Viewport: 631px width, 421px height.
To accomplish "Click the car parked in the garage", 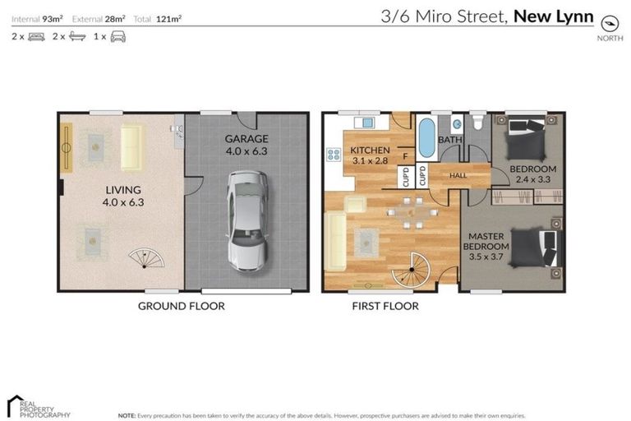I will click(x=246, y=220).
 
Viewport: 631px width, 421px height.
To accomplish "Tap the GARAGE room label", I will click(x=246, y=145).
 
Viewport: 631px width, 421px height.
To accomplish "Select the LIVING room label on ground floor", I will click(x=123, y=196).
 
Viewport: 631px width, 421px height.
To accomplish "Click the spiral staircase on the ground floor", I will click(x=145, y=258).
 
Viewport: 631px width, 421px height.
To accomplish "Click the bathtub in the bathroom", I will click(x=426, y=138).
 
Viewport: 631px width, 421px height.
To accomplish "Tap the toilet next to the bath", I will click(x=477, y=125).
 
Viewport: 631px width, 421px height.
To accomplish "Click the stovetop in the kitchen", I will click(x=334, y=154).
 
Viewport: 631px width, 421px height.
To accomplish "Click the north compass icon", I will click(x=610, y=23).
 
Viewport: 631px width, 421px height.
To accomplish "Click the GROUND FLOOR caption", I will click(x=181, y=306).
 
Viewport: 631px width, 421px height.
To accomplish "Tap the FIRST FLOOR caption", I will click(x=385, y=306).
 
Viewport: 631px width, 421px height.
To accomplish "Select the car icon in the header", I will click(x=118, y=37).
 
